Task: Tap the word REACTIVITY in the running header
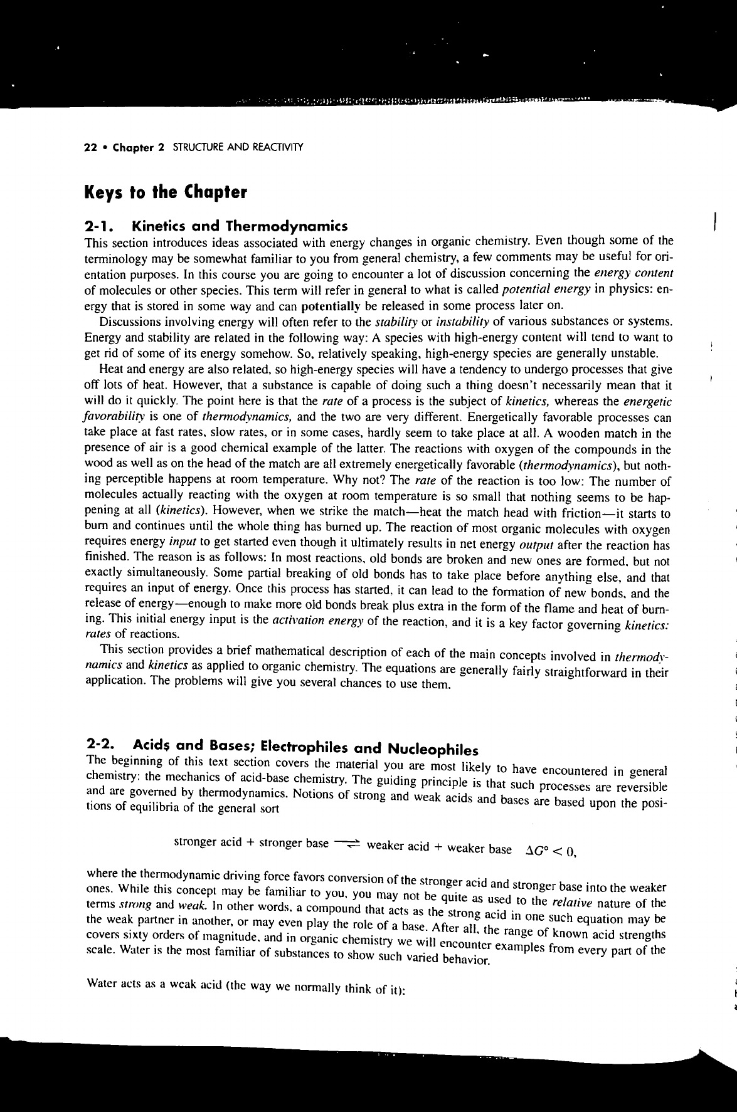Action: click(278, 148)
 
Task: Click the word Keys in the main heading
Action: click(105, 192)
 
